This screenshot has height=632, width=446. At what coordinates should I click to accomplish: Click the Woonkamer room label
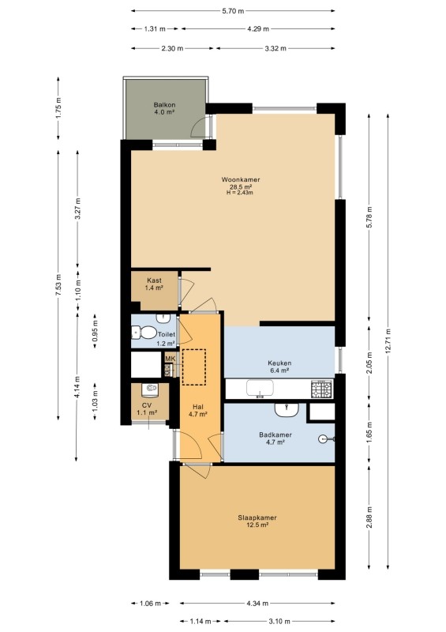click(241, 180)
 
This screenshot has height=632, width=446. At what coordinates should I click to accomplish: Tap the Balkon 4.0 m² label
click(164, 108)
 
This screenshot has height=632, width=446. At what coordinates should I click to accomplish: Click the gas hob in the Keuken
click(321, 389)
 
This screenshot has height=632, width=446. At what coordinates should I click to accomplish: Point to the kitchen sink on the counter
click(260, 388)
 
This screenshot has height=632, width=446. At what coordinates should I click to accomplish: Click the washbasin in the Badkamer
click(287, 410)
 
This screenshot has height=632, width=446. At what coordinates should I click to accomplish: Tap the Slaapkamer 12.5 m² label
click(257, 521)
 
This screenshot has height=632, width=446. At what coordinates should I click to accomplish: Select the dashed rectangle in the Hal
click(193, 367)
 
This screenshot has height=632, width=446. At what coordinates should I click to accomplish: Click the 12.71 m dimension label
click(388, 341)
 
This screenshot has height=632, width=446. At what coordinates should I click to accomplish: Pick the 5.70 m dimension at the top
click(233, 11)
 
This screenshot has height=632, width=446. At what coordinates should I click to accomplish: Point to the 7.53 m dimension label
click(58, 285)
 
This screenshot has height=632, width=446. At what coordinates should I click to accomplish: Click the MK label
click(171, 359)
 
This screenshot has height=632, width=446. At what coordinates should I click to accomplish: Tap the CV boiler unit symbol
click(151, 389)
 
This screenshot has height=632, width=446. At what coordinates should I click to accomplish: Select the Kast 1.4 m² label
click(154, 284)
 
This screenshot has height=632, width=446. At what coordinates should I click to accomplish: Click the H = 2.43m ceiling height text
click(240, 193)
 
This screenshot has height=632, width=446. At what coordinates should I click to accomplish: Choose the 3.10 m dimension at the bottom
click(279, 621)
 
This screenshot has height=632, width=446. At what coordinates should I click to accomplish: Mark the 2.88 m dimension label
click(369, 517)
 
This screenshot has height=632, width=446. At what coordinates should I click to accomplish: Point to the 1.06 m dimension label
click(150, 604)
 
